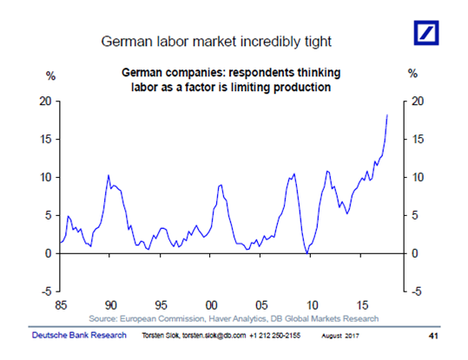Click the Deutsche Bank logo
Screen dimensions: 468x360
(426, 33)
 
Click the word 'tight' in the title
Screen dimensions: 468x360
(318, 42)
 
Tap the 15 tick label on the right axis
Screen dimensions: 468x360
(418, 140)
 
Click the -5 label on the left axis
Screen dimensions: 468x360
(47, 291)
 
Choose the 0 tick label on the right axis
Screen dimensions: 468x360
(414, 253)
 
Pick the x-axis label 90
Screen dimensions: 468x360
(111, 305)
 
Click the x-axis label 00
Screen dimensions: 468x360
(211, 305)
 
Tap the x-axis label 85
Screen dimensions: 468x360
(61, 305)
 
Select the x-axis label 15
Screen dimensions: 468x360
(362, 305)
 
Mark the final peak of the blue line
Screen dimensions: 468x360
(387, 115)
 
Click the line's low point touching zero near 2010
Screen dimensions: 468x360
(307, 253)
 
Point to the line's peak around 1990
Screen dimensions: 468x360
(109, 175)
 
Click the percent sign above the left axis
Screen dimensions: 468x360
(50, 76)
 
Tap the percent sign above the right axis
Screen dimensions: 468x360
(412, 74)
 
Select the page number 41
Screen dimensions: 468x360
(433, 336)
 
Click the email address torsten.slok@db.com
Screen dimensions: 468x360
(214, 336)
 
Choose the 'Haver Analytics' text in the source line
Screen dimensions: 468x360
(237, 319)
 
